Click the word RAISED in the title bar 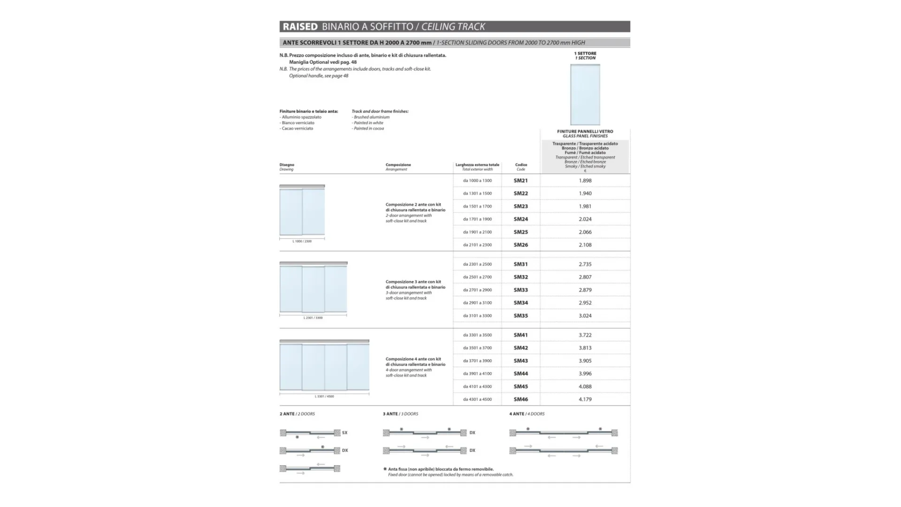click(x=300, y=27)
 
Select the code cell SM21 click(x=520, y=181)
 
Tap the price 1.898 click(x=585, y=181)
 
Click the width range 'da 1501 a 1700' click(x=477, y=207)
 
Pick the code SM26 click(x=520, y=245)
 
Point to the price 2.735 click(x=585, y=264)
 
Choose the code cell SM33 click(x=520, y=290)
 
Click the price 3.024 click(x=585, y=316)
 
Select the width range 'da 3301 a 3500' click(x=477, y=335)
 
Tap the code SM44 click(x=520, y=374)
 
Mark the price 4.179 click(x=585, y=399)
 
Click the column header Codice click(x=521, y=165)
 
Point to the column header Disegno click(x=287, y=165)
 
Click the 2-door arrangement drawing click(x=302, y=211)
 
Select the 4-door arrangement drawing click(x=324, y=366)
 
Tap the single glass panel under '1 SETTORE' click(x=585, y=94)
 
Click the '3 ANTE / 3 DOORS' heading click(x=400, y=414)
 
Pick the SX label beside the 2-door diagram click(x=345, y=433)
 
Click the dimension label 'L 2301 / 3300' click(x=313, y=318)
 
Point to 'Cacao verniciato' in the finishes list click(x=298, y=129)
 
